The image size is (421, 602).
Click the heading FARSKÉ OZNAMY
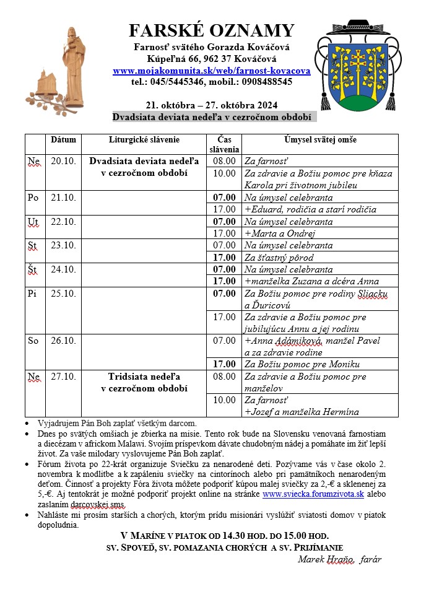(x=212, y=30)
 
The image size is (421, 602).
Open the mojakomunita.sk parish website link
(x=212, y=71)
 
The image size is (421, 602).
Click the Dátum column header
(x=63, y=140)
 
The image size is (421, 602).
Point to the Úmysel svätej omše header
(x=320, y=140)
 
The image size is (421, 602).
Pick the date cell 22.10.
(x=63, y=221)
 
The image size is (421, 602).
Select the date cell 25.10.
(x=63, y=293)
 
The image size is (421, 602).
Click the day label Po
(x=33, y=198)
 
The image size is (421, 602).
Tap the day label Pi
(x=32, y=293)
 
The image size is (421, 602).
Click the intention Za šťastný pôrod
(x=280, y=257)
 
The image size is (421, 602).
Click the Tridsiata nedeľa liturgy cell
(x=144, y=382)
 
